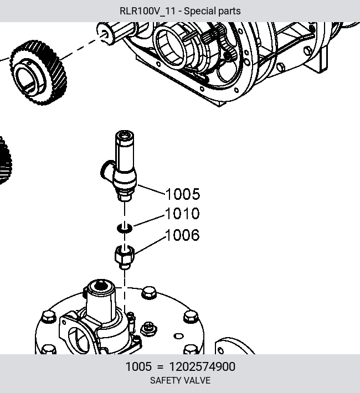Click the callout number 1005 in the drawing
(x=183, y=194)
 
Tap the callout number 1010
(x=182, y=214)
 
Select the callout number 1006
(x=182, y=235)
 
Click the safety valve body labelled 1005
(x=122, y=166)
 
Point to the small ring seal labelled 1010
(x=125, y=228)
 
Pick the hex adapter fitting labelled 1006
(x=125, y=257)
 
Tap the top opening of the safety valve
(x=125, y=136)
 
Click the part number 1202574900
(x=202, y=366)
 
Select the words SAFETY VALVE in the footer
(x=180, y=380)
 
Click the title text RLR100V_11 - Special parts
(x=180, y=11)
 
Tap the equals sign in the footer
(x=160, y=367)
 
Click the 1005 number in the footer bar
(x=138, y=366)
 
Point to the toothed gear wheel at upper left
(x=38, y=73)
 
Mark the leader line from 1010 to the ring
(x=150, y=220)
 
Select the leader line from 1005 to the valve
(x=151, y=189)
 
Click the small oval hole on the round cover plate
(x=178, y=336)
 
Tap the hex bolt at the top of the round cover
(x=149, y=293)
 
